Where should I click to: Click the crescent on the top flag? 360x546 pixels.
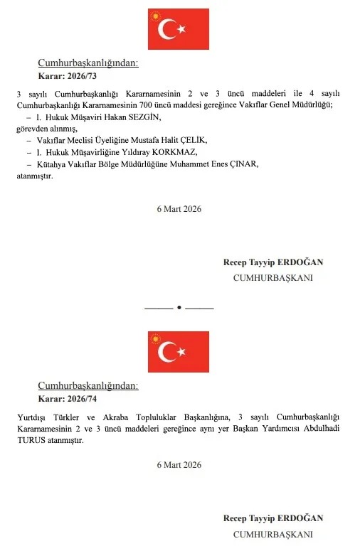pyautogui.click(x=168, y=29)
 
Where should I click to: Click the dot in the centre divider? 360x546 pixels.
pyautogui.click(x=179, y=308)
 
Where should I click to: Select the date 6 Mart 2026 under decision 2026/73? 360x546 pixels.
pyautogui.click(x=179, y=209)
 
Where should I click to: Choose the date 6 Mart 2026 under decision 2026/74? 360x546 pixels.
pyautogui.click(x=179, y=465)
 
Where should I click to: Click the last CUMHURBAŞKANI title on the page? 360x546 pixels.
pyautogui.click(x=273, y=534)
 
